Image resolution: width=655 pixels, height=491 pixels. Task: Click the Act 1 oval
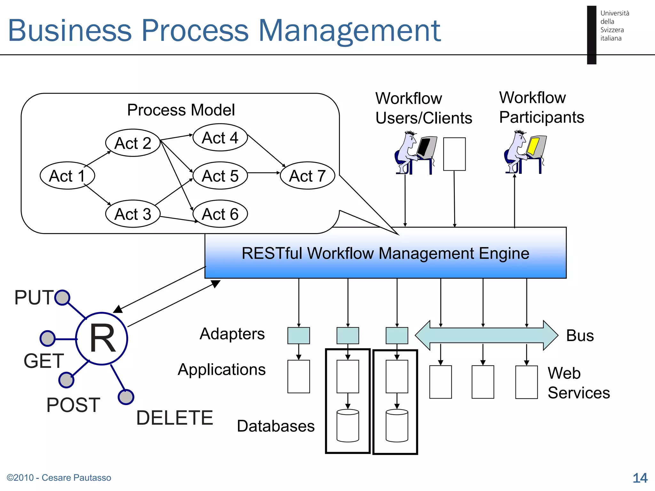pyautogui.click(x=67, y=175)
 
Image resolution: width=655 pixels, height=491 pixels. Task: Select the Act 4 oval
pyautogui.click(x=220, y=137)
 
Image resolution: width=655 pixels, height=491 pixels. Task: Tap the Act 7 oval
pyautogui.click(x=307, y=175)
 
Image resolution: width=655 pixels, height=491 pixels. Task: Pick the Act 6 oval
pyautogui.click(x=220, y=214)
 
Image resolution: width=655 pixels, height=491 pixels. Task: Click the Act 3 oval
pyautogui.click(x=133, y=214)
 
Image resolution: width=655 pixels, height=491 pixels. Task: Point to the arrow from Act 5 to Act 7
pyautogui.click(x=264, y=173)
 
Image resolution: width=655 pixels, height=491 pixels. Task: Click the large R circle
pyautogui.click(x=102, y=339)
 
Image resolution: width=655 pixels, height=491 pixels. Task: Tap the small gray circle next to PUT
pyautogui.click(x=62, y=298)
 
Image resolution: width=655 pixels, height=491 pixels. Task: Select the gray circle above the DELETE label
pyautogui.click(x=126, y=397)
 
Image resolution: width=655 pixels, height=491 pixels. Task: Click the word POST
pyautogui.click(x=73, y=405)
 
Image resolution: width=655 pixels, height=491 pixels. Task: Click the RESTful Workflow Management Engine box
pyautogui.click(x=385, y=253)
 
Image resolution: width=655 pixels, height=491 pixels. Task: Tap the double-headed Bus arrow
pyautogui.click(x=486, y=335)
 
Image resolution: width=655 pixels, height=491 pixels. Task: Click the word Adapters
pyautogui.click(x=232, y=334)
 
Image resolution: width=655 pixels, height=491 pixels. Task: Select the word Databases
pyautogui.click(x=276, y=426)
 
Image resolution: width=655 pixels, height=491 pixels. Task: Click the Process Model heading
pyautogui.click(x=181, y=110)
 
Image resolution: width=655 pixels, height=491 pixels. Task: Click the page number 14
pyautogui.click(x=640, y=478)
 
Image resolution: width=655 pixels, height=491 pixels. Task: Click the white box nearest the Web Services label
pyautogui.click(x=526, y=382)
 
